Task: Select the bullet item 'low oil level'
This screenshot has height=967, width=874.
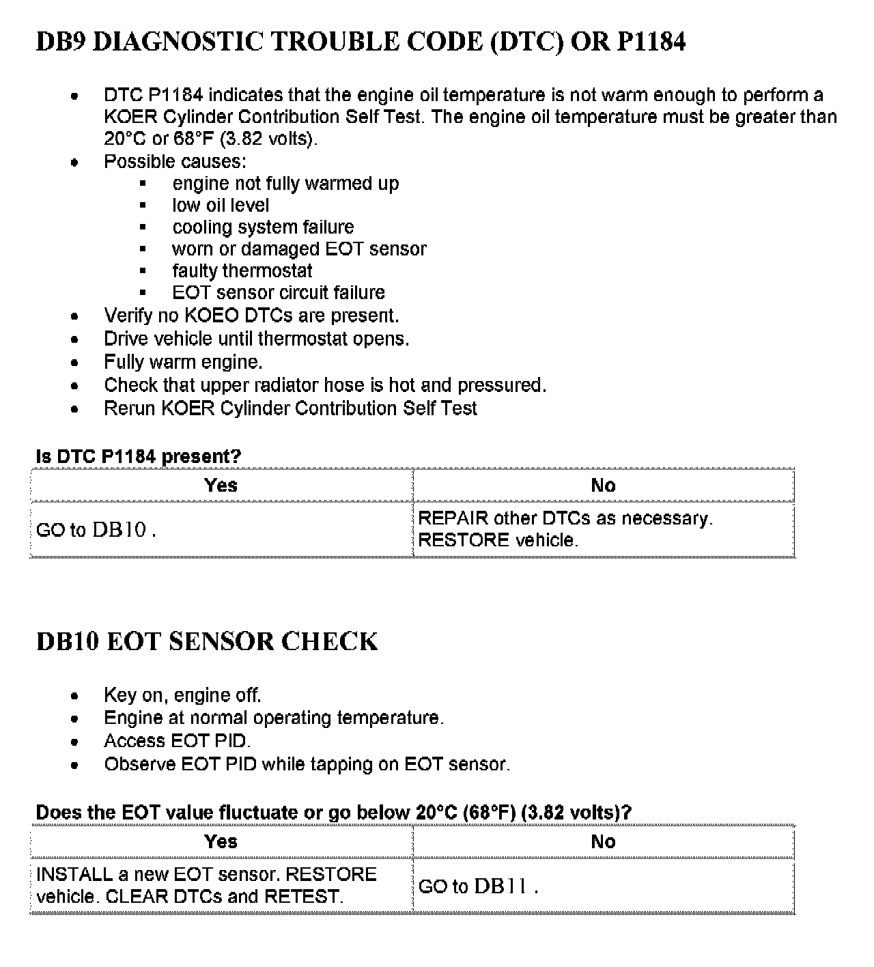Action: tap(220, 206)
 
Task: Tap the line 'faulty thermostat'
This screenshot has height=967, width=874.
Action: tap(242, 271)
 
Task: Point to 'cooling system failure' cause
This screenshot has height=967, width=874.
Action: tap(263, 227)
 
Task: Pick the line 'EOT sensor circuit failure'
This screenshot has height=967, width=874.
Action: tap(279, 293)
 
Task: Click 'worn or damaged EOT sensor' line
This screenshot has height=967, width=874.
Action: tap(299, 249)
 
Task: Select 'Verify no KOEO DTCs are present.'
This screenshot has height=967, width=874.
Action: tap(251, 316)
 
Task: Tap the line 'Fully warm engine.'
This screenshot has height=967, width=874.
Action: tap(183, 362)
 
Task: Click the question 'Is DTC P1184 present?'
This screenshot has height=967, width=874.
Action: tap(139, 457)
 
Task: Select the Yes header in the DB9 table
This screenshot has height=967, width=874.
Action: tap(221, 486)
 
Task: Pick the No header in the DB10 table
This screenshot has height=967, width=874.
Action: tap(603, 841)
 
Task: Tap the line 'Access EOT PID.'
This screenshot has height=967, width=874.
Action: tap(178, 741)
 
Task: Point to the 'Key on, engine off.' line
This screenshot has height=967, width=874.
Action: tap(182, 695)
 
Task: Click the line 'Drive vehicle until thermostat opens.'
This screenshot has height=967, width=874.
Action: tap(256, 339)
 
